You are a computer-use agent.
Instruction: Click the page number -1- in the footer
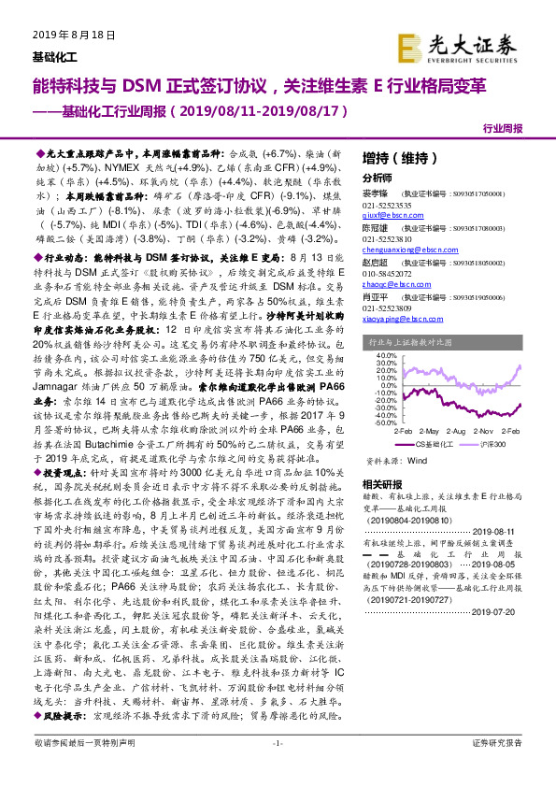[278, 768]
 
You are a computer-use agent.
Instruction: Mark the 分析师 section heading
[377, 177]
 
